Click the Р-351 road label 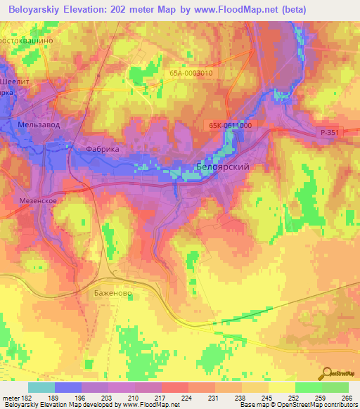[x=330, y=131]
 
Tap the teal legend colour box [x=41, y=387]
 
